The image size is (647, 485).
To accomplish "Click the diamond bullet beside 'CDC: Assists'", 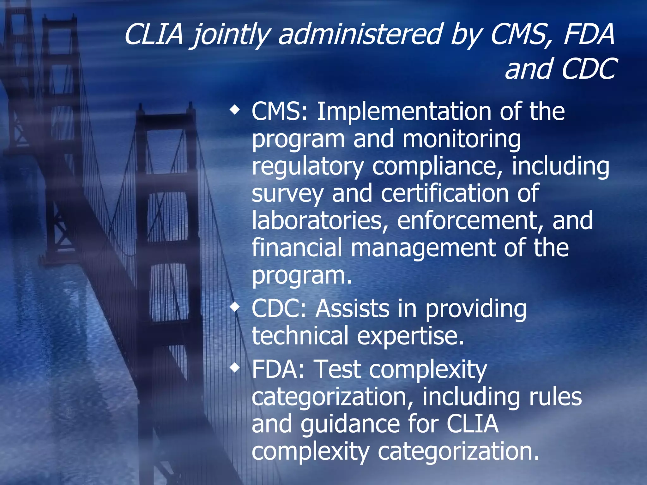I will (x=234, y=307).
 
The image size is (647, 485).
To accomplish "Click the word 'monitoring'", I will (x=462, y=139).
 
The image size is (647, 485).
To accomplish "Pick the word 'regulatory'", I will (x=308, y=166).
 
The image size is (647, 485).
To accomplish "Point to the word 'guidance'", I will (x=350, y=424).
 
